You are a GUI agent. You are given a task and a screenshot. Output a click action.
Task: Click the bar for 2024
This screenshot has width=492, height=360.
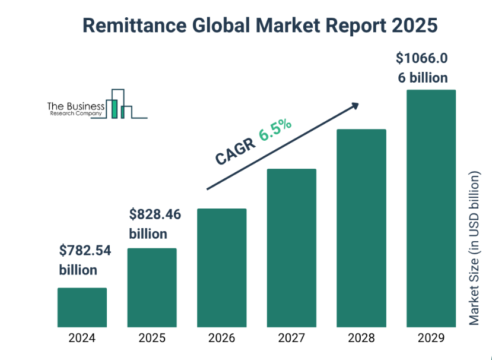pyautogui.click(x=82, y=307)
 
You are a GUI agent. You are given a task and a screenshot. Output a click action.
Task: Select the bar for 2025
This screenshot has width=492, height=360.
pyautogui.click(x=152, y=288)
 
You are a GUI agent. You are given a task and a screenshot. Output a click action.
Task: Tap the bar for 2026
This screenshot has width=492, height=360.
pyautogui.click(x=221, y=267)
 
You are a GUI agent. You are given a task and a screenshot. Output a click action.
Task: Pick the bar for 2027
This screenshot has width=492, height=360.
pyautogui.click(x=291, y=248)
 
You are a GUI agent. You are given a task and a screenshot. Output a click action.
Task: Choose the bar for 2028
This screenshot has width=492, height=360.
pyautogui.click(x=361, y=228)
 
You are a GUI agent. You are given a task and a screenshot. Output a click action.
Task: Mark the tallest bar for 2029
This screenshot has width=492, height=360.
pyautogui.click(x=431, y=208)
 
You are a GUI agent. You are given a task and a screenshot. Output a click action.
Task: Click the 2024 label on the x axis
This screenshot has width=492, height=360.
pyautogui.click(x=82, y=339)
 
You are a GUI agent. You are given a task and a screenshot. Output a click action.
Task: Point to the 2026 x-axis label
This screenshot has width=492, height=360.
pyautogui.click(x=221, y=339)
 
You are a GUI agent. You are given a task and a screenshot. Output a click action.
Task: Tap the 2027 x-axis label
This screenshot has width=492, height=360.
pyautogui.click(x=291, y=339)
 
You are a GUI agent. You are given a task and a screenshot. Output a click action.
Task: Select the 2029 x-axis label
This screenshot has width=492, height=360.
pyautogui.click(x=431, y=339)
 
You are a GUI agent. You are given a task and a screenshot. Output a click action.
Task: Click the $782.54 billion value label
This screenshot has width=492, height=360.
pyautogui.click(x=85, y=260)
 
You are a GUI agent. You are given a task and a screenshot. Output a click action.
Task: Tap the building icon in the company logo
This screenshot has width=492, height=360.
pyautogui.click(x=119, y=104)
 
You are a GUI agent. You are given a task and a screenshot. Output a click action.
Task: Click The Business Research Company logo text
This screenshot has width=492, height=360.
pyautogui.click(x=75, y=108)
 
